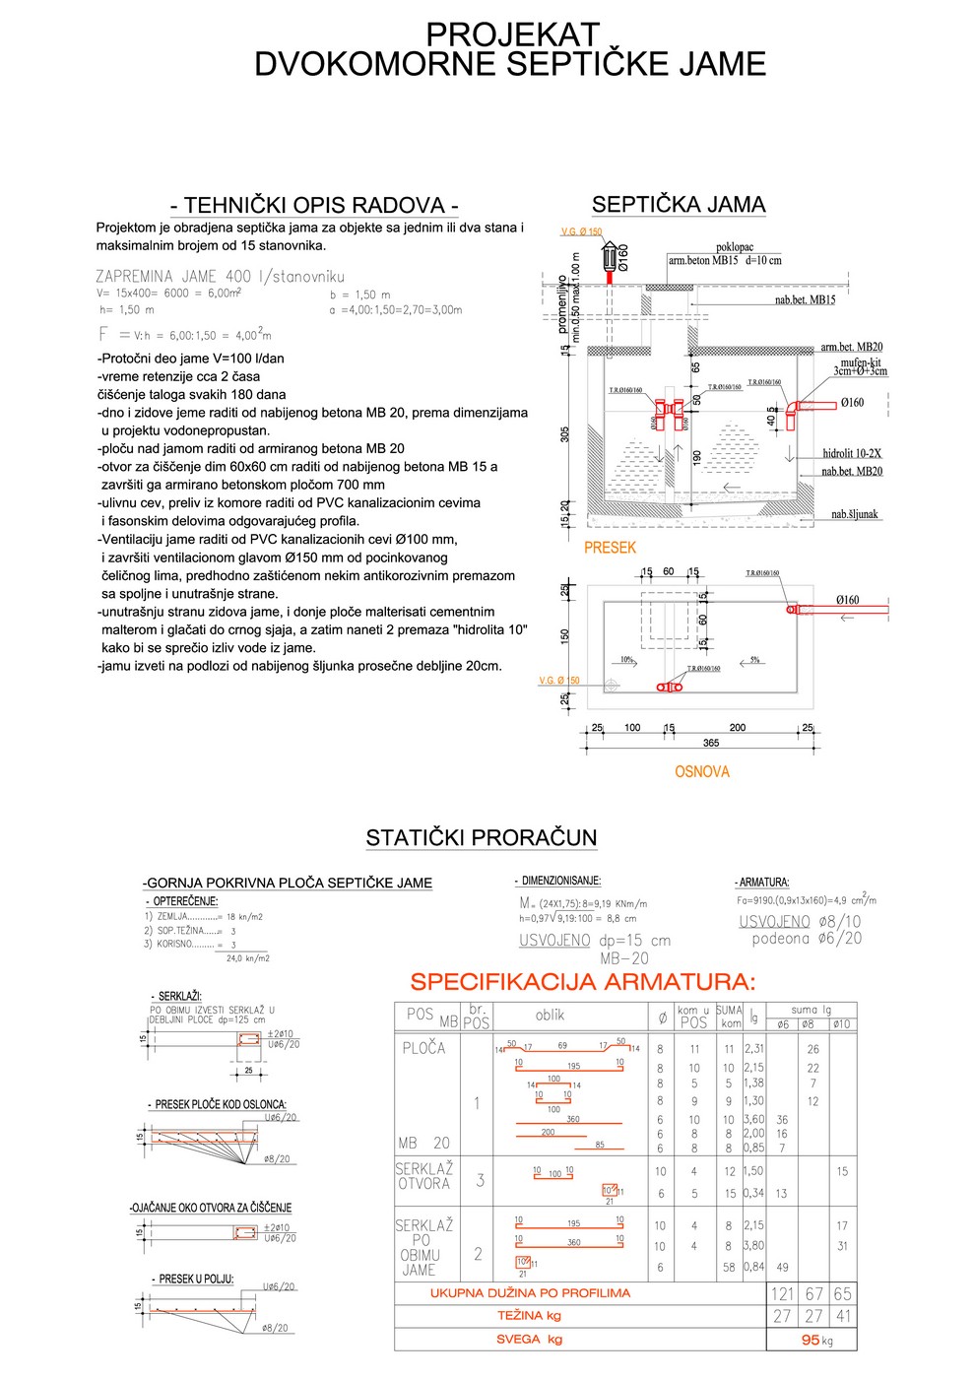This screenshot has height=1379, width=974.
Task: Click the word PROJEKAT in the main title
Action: (511, 34)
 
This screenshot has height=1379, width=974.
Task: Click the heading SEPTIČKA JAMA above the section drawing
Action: (678, 205)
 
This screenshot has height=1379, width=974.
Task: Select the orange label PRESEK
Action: (610, 548)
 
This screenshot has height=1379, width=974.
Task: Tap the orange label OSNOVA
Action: (701, 772)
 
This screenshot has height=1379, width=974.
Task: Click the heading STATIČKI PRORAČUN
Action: (481, 838)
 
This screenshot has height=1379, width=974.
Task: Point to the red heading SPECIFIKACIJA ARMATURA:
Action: (583, 982)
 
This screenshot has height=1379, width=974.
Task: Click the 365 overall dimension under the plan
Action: (711, 743)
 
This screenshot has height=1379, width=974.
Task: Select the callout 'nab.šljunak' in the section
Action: (854, 514)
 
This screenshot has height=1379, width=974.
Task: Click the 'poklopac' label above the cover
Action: (735, 247)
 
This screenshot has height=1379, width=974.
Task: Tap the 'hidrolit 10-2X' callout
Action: (852, 453)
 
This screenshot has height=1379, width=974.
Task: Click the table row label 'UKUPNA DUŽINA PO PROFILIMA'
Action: (530, 1293)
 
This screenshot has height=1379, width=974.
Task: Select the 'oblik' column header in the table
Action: (550, 1015)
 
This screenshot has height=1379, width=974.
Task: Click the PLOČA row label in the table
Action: (423, 1048)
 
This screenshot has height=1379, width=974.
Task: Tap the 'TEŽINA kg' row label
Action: (529, 1316)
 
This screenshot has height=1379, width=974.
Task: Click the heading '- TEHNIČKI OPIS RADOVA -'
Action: (314, 205)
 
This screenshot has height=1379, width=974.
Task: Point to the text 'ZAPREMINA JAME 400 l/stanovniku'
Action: (220, 277)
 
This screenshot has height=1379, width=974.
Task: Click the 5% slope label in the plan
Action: (754, 660)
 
